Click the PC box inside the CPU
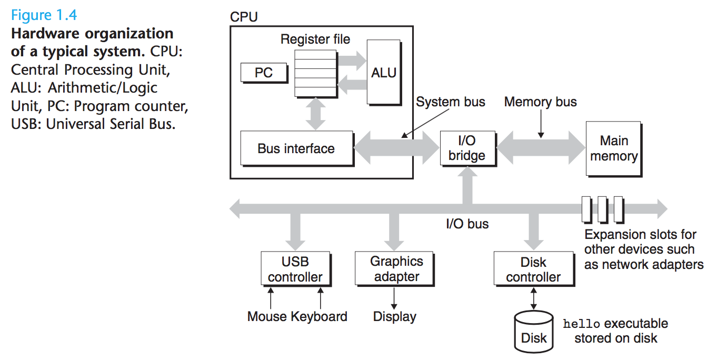point(264,73)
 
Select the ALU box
point(383,72)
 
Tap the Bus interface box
point(296,148)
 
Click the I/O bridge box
point(466,148)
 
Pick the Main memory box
point(613,148)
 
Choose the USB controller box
point(295,269)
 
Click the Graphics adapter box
point(396,269)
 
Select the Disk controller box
point(533,269)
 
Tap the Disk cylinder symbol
point(534,332)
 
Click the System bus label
point(450,102)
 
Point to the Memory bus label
point(540,102)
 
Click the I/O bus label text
point(467,224)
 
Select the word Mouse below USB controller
point(267,316)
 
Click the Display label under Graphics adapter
point(394,316)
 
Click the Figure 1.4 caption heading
point(44,14)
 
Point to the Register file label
point(315,39)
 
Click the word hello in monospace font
point(581,324)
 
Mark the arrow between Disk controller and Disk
point(534,299)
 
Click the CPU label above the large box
point(244,17)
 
